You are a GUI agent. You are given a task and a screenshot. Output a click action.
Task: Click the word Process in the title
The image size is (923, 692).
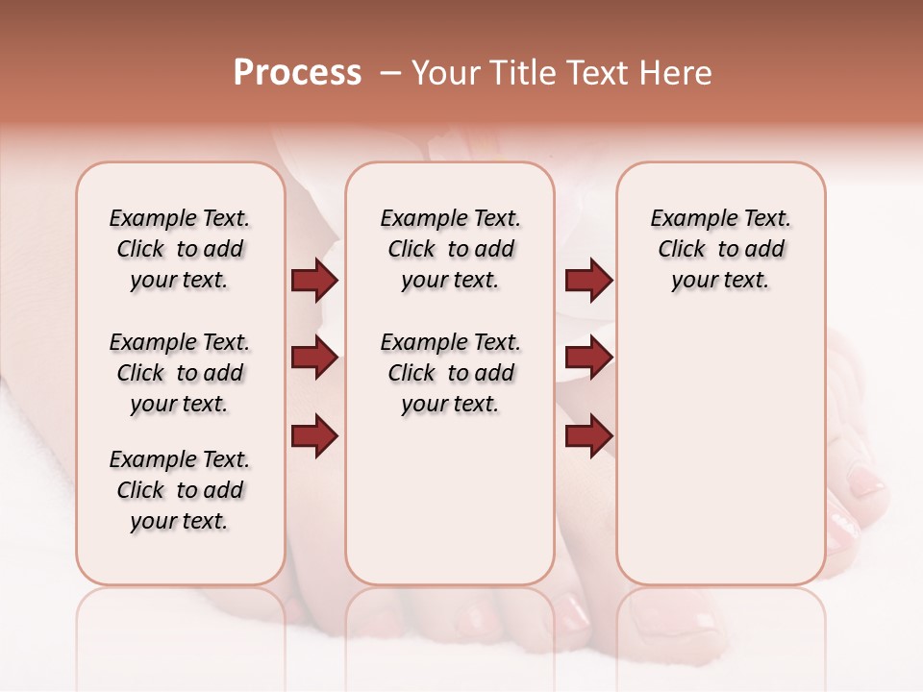coord(297,73)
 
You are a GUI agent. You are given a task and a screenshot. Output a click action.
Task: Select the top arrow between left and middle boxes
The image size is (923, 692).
coord(314,280)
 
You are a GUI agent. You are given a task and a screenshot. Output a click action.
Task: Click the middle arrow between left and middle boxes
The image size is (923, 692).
coord(314,358)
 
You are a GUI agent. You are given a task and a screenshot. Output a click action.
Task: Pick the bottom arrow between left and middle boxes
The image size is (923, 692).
coord(314,435)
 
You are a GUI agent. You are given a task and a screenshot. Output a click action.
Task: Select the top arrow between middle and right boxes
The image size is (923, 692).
coord(588,280)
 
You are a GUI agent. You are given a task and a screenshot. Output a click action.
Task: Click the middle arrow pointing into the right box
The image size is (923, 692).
coord(588,358)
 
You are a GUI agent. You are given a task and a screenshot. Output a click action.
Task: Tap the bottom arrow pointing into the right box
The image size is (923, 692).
coord(588,435)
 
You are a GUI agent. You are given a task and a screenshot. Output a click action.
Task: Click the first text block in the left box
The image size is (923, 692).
coord(180,249)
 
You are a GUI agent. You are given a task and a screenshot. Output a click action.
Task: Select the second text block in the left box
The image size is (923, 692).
coord(180,373)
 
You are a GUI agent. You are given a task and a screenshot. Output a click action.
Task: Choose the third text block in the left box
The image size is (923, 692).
coord(180,490)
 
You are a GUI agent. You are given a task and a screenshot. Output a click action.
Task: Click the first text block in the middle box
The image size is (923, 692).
coord(451,249)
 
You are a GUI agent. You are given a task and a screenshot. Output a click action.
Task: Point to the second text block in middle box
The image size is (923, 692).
coord(451,373)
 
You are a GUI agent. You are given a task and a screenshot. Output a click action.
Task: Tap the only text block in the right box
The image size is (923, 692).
coord(721,249)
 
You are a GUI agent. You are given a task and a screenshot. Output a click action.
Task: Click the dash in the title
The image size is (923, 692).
coord(389,73)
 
